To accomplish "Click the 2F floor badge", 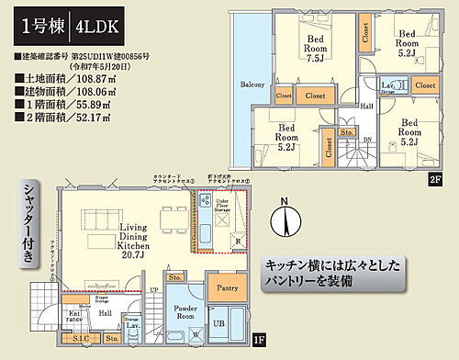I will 434,181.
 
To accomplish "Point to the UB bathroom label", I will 220,323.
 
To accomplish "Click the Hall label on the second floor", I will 366,107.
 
